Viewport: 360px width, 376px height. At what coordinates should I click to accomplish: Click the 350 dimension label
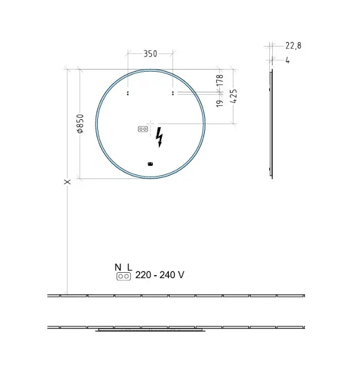[150, 54]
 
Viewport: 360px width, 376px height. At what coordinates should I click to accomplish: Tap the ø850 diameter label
[81, 124]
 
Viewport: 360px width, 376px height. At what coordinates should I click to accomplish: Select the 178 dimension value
[220, 80]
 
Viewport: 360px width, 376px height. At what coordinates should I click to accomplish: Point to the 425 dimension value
[233, 96]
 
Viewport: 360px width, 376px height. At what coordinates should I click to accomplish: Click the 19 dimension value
[220, 103]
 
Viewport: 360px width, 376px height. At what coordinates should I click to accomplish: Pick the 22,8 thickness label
[293, 45]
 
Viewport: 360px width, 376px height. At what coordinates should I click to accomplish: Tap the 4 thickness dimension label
[288, 60]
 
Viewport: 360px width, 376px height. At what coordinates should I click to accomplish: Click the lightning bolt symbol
[159, 137]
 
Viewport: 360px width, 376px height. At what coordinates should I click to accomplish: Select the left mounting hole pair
[128, 93]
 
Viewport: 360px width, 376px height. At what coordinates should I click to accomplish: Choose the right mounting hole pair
[173, 93]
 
